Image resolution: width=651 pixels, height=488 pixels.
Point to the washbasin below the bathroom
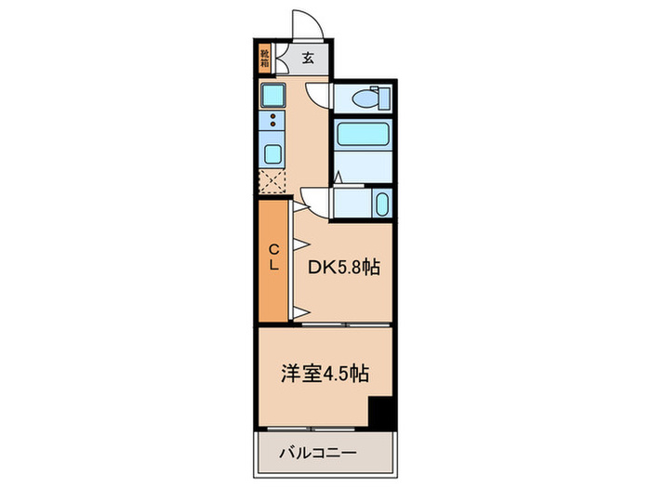pos(380,204)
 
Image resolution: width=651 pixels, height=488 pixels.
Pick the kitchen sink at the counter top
pos(273,94)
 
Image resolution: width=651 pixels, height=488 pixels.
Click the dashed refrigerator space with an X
pos(272,181)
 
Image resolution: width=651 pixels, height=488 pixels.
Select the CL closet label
pos(274,257)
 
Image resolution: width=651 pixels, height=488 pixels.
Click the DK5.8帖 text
pos(344,268)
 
